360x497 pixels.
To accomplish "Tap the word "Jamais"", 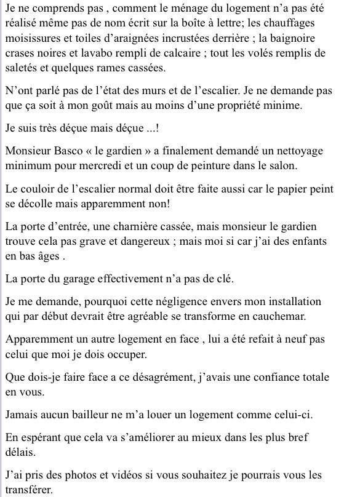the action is pos(22,414).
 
